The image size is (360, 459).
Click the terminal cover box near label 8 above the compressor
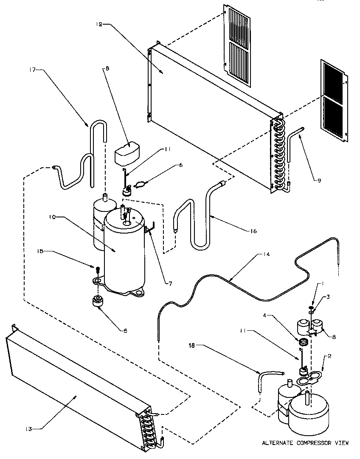click(127, 152)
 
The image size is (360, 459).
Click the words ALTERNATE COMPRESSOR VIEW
click(305, 443)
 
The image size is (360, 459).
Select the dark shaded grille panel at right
click(334, 101)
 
